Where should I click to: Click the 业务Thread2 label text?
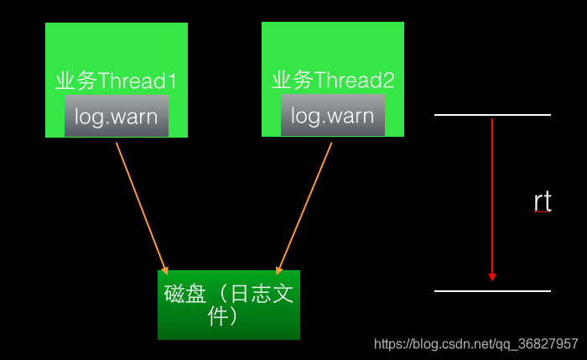[x=332, y=81]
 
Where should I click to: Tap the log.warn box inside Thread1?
[x=117, y=117]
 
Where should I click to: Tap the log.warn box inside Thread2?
[x=333, y=116]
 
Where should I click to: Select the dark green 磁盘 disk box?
[x=228, y=305]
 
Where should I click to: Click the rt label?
[x=543, y=202]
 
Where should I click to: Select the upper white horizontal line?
[x=492, y=114]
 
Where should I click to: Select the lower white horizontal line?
[x=492, y=291]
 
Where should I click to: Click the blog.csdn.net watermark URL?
[x=475, y=344]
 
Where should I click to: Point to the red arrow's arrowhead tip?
[x=492, y=279]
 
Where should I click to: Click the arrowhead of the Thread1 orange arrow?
[x=166, y=265]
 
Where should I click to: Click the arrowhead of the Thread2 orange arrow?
[x=278, y=265]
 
